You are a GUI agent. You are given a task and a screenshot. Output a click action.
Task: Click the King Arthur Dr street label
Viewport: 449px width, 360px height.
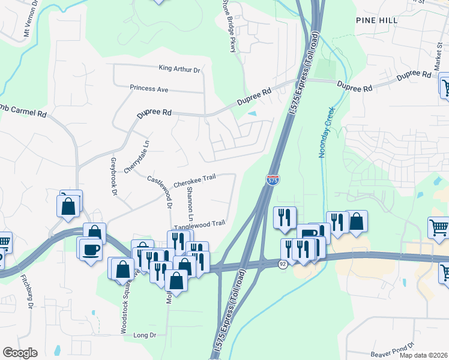point(179,70)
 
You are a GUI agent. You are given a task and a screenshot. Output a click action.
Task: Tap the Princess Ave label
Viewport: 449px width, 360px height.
point(149,89)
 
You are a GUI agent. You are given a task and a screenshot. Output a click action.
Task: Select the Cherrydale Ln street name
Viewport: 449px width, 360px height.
point(131,158)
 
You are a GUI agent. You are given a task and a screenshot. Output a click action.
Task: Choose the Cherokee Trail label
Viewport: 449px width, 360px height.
point(194,179)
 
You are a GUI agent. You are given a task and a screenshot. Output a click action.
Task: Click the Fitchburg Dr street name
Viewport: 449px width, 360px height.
point(26,292)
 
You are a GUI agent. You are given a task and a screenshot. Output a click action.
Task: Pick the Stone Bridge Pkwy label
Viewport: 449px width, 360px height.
point(231,27)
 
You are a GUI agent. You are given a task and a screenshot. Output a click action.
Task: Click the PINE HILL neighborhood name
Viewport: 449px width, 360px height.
point(377,20)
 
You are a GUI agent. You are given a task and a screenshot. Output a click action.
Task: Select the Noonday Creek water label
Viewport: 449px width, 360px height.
point(325,137)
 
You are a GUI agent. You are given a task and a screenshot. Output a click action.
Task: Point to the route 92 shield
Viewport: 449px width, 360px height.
point(282,263)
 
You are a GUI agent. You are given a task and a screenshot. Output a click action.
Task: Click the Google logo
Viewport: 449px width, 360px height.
point(20,353)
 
